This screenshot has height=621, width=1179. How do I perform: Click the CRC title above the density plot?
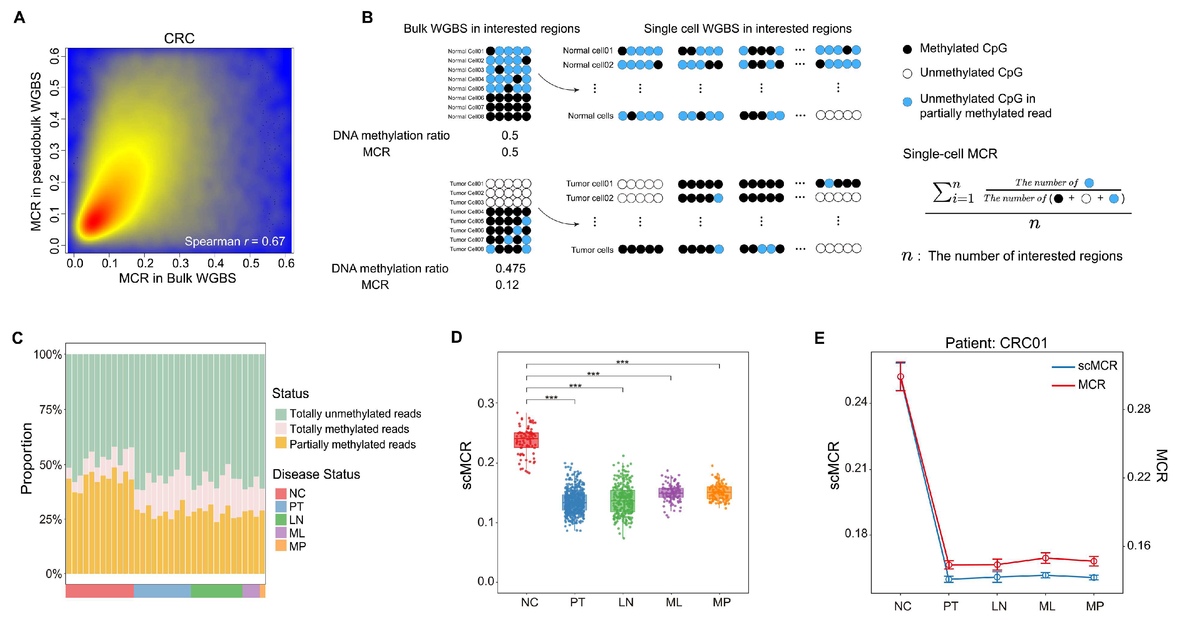pyautogui.click(x=179, y=38)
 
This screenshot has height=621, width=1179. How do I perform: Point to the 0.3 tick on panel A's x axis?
pyautogui.click(x=180, y=263)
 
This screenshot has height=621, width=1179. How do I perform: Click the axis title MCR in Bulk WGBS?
pyautogui.click(x=177, y=278)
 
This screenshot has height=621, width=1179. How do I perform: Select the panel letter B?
pyautogui.click(x=367, y=17)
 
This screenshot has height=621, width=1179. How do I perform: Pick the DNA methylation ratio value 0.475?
pyautogui.click(x=510, y=268)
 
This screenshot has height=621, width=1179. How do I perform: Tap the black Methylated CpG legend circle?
pyautogui.click(x=907, y=49)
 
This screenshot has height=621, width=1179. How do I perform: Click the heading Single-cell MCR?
pyautogui.click(x=950, y=154)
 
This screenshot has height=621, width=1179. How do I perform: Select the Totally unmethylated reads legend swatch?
pyautogui.click(x=280, y=414)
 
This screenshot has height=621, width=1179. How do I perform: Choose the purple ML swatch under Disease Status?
pyautogui.click(x=280, y=533)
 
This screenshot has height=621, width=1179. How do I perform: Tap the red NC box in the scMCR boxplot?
pyautogui.click(x=526, y=440)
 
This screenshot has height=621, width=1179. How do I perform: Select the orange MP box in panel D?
pyautogui.click(x=719, y=493)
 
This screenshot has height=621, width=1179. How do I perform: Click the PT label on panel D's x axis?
pyautogui.click(x=577, y=602)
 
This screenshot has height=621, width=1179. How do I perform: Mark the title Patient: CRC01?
pyautogui.click(x=996, y=343)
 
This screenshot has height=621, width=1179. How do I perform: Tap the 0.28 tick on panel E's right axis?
pyautogui.click(x=1138, y=409)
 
